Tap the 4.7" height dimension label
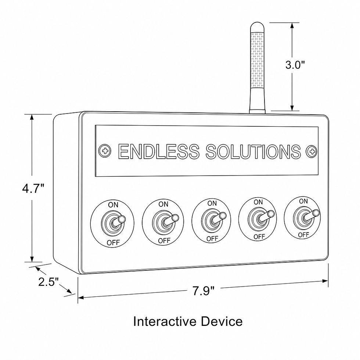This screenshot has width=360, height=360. [33, 188]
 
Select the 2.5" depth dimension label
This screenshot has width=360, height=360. [48, 282]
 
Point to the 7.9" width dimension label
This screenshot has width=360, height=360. [204, 291]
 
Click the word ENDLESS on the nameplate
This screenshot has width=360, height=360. [159, 151]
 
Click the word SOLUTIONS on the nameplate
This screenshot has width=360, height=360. [253, 151]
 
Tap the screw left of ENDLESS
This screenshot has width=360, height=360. [105, 151]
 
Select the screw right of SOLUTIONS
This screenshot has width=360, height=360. [312, 151]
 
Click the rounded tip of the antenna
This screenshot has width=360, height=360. [257, 26]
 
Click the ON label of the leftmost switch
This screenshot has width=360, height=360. [113, 205]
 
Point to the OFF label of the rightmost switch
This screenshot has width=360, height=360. [303, 235]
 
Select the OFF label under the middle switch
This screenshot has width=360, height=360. [212, 238]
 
